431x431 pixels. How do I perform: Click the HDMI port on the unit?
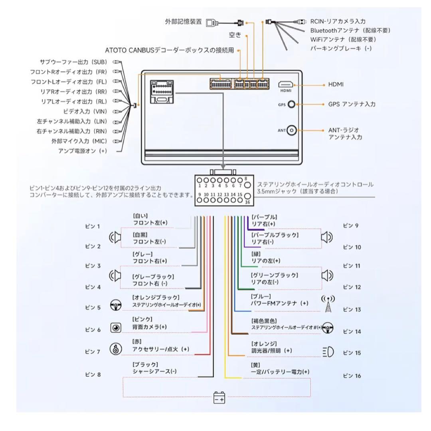(x=286, y=85)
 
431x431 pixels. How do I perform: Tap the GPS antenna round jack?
(x=292, y=104)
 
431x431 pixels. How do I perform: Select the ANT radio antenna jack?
(x=292, y=130)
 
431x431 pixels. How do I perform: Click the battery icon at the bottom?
(x=219, y=398)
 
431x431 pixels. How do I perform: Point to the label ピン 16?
(x=352, y=376)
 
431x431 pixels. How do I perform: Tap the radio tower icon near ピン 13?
(x=328, y=305)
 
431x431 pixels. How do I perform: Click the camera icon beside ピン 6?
(x=116, y=328)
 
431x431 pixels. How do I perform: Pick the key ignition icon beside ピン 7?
(x=116, y=350)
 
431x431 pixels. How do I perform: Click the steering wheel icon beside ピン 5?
(x=116, y=306)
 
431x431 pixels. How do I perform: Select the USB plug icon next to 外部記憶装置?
(x=212, y=23)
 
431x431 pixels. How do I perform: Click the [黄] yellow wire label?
(x=255, y=364)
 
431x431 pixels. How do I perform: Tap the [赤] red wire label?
(x=137, y=342)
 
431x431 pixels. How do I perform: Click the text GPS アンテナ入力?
(x=352, y=104)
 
